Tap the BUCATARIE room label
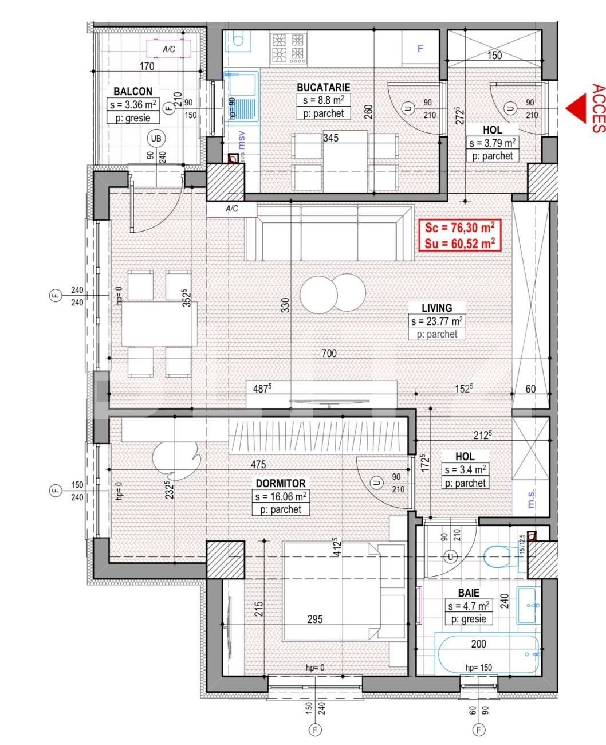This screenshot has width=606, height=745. tap(323, 88)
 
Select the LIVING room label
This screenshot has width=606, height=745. tap(436, 308)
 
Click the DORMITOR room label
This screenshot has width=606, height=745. tap(281, 484)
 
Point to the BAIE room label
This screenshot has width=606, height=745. tap(468, 593)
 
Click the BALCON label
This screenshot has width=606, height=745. tap(133, 92)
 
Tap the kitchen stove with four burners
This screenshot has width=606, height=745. tap(288, 48)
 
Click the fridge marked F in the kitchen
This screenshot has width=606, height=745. tap(420, 49)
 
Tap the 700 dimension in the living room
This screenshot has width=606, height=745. tap(329, 354)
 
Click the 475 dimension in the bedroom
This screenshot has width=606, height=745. tap(258, 465)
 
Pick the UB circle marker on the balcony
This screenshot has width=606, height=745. tap(155, 138)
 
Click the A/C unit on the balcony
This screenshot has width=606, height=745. tap(168, 49)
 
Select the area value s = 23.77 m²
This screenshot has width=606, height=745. tap(436, 321)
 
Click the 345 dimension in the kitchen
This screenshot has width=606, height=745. tap(330, 138)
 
